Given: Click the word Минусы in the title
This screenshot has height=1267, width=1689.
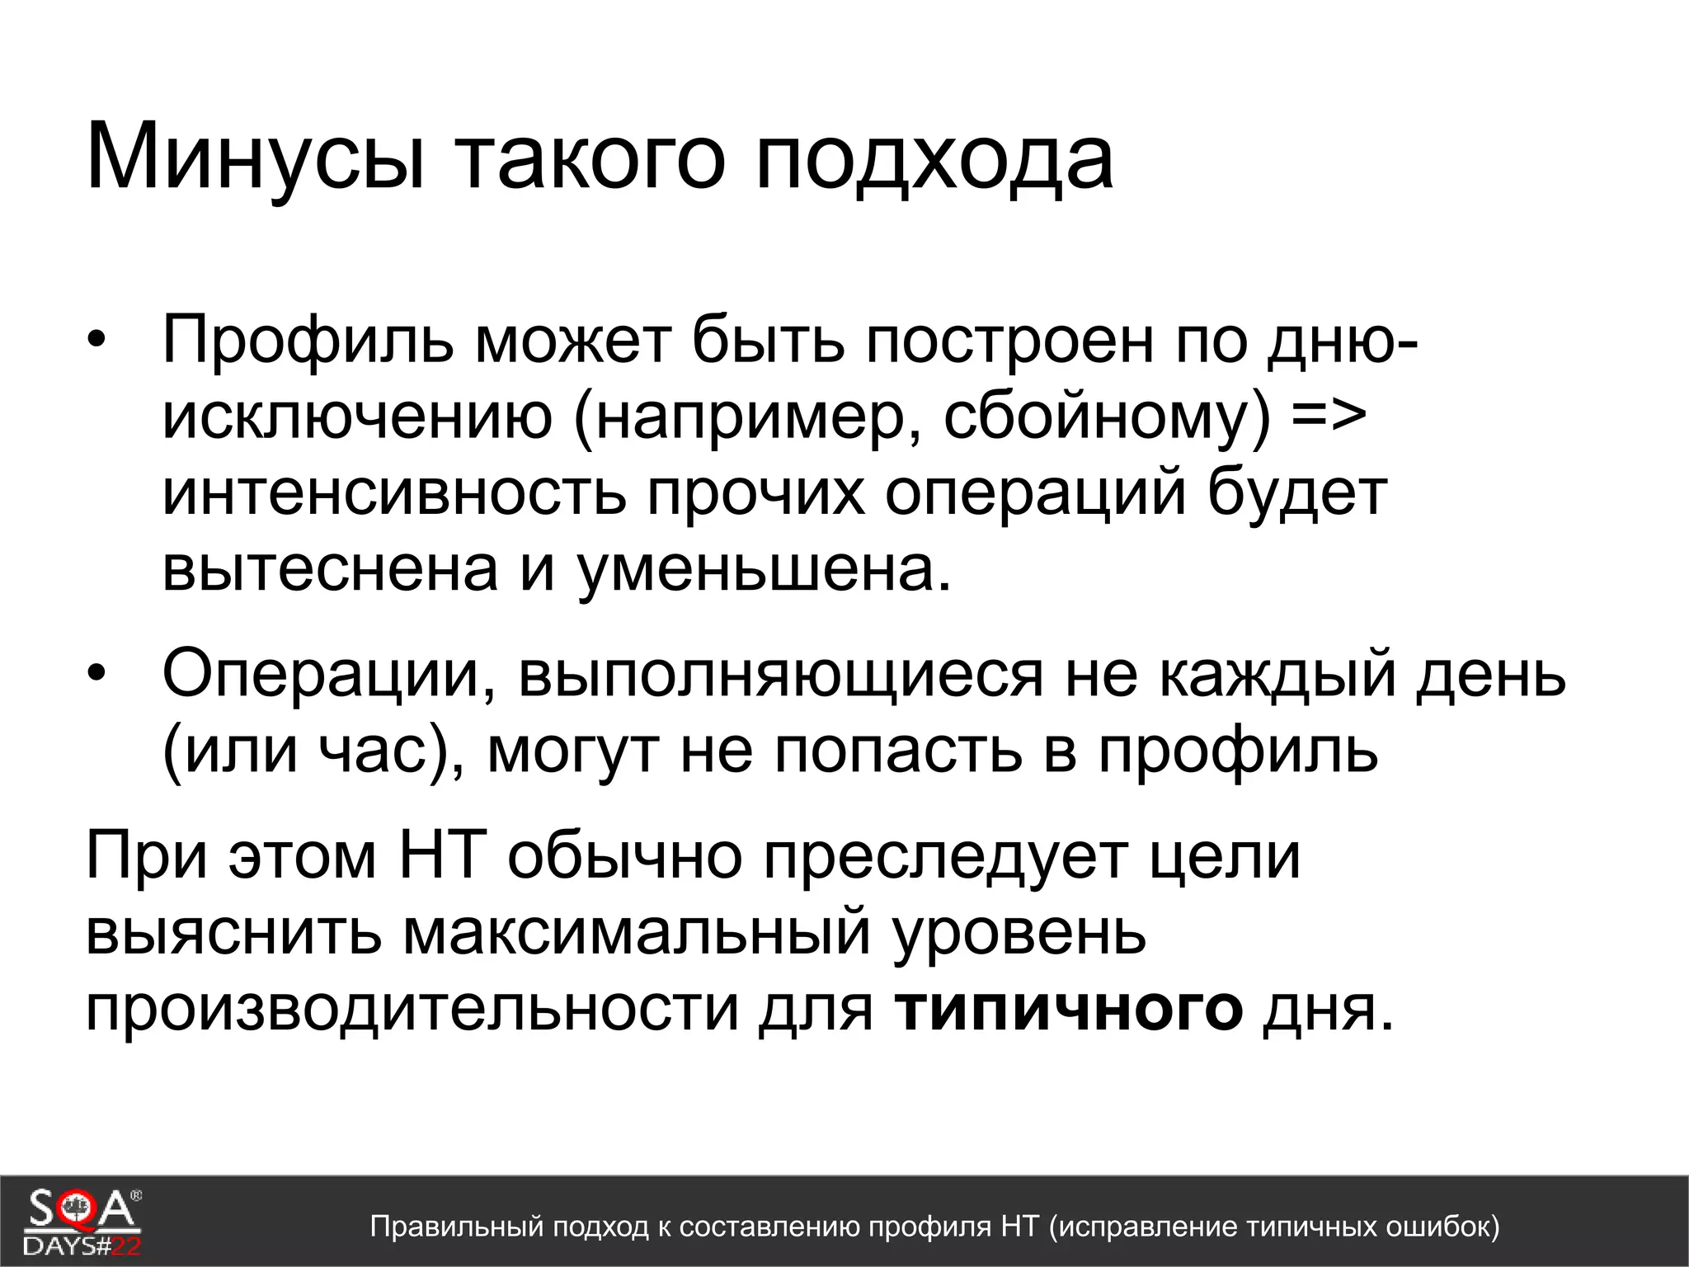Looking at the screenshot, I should coord(256,157).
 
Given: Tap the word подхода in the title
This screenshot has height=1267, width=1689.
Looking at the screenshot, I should coord(934,157).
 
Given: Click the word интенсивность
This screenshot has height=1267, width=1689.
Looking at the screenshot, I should coord(394,492).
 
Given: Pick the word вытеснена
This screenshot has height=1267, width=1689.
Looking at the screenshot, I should coord(330,568).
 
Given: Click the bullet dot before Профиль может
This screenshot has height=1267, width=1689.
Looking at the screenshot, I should coord(97,341).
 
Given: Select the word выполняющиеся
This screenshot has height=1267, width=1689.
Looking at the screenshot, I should coord(780,675).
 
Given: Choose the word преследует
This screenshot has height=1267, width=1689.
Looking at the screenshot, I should coord(945,855).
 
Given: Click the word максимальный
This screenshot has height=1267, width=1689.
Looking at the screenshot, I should coord(637,932).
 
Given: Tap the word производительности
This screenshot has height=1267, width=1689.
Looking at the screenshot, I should coord(412,1008).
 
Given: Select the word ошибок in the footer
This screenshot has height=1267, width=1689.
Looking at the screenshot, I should coord(1437,1227).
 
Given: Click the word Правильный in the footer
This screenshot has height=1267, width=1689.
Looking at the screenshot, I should coord(457,1227).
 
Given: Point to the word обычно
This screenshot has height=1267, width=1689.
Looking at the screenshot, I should coord(625,855).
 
